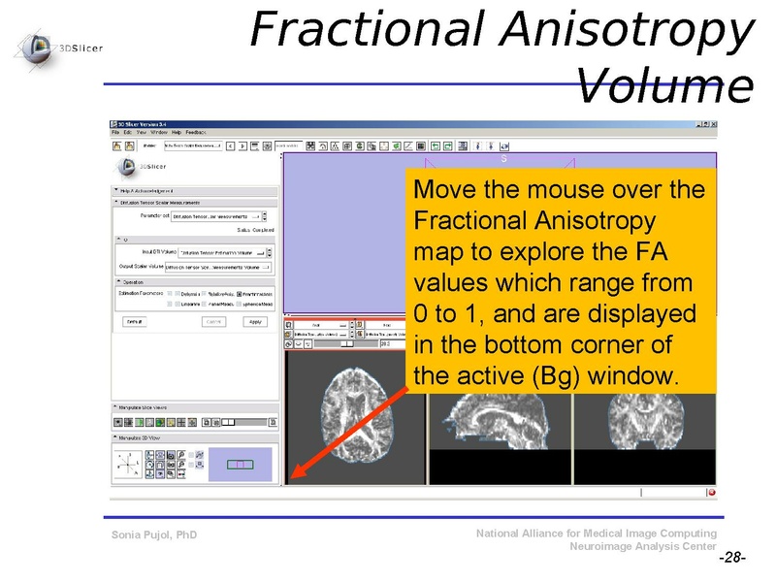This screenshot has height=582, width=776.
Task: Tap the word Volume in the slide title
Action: click(x=664, y=86)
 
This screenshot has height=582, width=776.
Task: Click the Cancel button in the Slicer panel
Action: click(x=212, y=321)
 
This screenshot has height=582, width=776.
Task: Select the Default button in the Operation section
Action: click(x=136, y=321)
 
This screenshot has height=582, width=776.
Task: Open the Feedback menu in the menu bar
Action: click(x=196, y=132)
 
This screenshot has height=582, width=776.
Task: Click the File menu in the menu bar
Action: click(x=115, y=132)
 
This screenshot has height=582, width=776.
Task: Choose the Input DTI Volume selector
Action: click(x=225, y=251)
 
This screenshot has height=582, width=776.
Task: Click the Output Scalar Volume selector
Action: click(x=225, y=266)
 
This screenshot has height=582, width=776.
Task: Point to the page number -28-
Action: click(x=731, y=560)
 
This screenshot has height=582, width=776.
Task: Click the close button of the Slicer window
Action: click(x=713, y=124)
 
